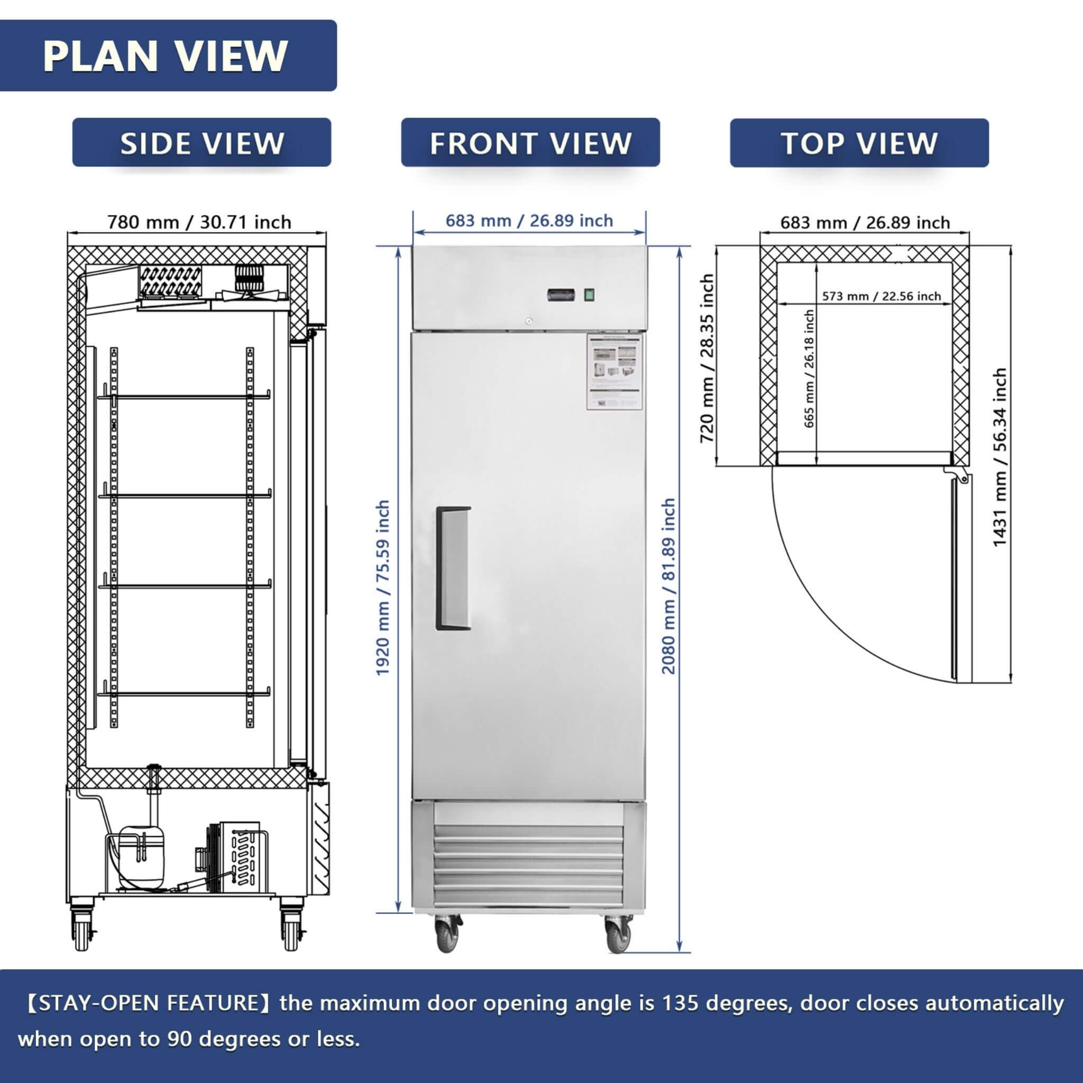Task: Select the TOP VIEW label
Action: [859, 143]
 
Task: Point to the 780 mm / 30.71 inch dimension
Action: [199, 223]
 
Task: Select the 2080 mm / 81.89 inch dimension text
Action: [669, 586]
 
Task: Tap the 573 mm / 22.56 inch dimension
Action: [881, 296]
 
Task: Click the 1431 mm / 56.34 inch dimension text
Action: [999, 457]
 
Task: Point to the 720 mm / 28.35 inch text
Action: [708, 358]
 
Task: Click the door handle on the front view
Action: [453, 568]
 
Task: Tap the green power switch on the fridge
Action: [589, 295]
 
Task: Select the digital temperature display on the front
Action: [561, 295]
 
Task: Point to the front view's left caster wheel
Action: [448, 934]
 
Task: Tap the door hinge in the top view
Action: [960, 476]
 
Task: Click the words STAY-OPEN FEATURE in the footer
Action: [150, 1002]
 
